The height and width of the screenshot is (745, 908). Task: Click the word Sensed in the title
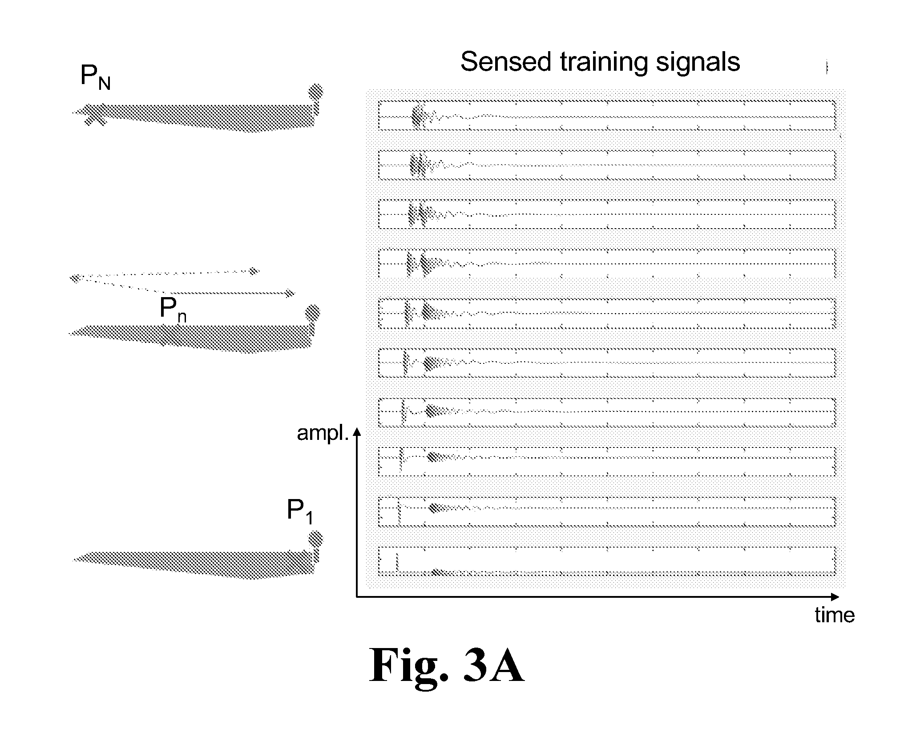[506, 62]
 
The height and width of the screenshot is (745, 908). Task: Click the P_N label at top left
[95, 77]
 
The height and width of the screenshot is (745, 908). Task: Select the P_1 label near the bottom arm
[300, 511]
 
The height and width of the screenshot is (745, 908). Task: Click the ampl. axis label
[323, 433]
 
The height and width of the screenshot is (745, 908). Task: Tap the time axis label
[835, 615]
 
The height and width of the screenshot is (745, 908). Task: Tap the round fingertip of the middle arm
[313, 313]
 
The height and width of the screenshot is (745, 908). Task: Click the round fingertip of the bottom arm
[315, 539]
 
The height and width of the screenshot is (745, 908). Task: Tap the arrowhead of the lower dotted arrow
[290, 293]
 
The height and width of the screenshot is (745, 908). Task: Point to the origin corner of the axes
[356, 596]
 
